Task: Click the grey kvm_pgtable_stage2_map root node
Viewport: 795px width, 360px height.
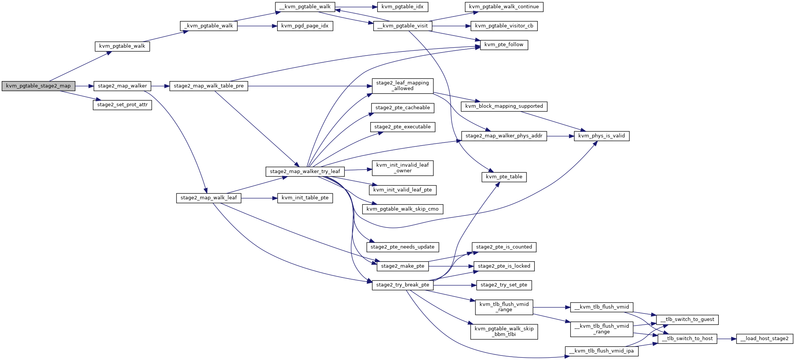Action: coord(38,86)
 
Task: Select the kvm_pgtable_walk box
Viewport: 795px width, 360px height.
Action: coord(122,46)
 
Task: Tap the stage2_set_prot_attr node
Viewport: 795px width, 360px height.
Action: coord(122,105)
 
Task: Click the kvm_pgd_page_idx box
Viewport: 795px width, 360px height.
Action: coord(305,26)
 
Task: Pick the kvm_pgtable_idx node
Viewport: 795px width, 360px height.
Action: coord(402,7)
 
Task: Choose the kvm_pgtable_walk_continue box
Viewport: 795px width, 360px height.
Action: coord(504,7)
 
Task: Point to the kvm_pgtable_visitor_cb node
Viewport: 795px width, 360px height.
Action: coord(504,26)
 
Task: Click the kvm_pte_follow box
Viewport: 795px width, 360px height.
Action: coord(504,45)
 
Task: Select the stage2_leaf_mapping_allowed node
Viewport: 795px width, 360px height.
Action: coord(403,86)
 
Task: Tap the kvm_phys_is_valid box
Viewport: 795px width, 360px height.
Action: coord(602,136)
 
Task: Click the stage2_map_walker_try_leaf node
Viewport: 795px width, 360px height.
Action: coord(305,172)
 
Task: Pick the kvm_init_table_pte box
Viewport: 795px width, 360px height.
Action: coord(305,198)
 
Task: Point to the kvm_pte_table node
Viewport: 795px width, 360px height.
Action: coord(504,177)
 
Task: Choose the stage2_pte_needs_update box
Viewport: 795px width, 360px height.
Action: coord(403,247)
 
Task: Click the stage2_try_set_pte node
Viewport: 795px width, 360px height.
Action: coord(504,285)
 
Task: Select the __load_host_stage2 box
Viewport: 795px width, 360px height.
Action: coord(765,339)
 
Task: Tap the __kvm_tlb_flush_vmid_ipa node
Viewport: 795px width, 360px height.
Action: coord(602,351)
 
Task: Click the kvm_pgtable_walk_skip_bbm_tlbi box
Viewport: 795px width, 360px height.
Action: coord(504,331)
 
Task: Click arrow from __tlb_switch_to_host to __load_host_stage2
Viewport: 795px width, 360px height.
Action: coord(727,339)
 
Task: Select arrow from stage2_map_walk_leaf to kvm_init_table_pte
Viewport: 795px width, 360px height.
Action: coord(259,198)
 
